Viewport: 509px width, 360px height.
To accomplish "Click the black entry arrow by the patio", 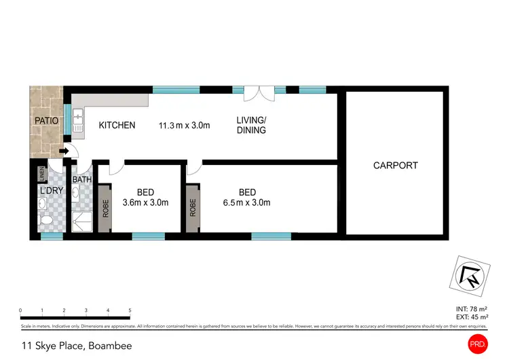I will point(63,151).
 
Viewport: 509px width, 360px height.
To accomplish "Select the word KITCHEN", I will point(117,126).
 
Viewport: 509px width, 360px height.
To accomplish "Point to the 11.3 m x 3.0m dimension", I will point(184,126).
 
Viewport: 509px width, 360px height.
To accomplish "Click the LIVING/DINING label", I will point(251,126).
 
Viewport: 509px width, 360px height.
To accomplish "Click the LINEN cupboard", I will point(42,175).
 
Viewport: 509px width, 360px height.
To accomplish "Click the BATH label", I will point(82,180).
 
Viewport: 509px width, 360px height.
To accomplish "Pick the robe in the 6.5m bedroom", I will point(193,208).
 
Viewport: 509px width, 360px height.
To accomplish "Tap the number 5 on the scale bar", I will point(130,310).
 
